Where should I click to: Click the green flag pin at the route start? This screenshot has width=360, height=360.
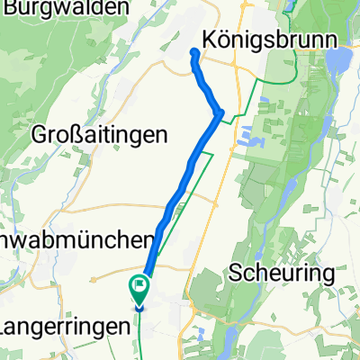click(x=140, y=290)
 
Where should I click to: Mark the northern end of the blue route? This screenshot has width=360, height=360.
click(x=193, y=51)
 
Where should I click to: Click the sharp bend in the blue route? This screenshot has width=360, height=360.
click(x=220, y=112)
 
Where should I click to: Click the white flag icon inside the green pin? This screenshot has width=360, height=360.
click(x=140, y=288)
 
